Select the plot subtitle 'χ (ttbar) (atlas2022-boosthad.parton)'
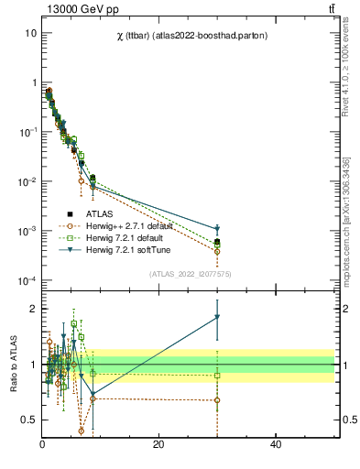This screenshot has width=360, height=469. point(191,31)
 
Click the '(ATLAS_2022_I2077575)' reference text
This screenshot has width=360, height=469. point(191,274)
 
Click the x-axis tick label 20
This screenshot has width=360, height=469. point(158,444)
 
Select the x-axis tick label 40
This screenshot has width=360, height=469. point(275,444)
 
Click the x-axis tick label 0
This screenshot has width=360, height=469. point(42,444)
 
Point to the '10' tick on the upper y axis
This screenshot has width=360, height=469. point(30,32)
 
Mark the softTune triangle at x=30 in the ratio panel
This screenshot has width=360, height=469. point(217,317)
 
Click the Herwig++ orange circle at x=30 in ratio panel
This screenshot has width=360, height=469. point(217,399)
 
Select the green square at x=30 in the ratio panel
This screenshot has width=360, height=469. point(217,376)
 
